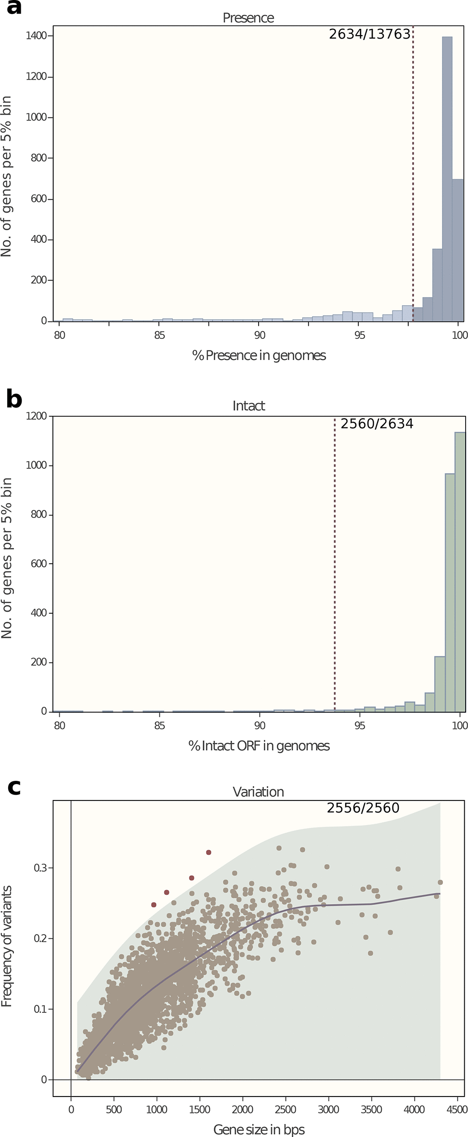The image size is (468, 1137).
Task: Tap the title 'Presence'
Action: [248, 18]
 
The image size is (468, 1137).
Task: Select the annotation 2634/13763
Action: [369, 34]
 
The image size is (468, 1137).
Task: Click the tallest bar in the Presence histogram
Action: [447, 178]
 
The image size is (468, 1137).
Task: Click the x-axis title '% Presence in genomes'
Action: [259, 356]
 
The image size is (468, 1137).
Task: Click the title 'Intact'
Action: [248, 406]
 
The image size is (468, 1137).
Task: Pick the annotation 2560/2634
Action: [377, 424]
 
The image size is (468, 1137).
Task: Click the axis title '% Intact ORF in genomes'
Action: [259, 746]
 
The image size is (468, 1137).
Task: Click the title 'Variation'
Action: [258, 792]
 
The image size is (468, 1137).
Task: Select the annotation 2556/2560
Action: [363, 808]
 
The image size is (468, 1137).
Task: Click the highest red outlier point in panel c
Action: [208, 853]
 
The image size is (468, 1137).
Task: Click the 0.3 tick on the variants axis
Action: [40, 868]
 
